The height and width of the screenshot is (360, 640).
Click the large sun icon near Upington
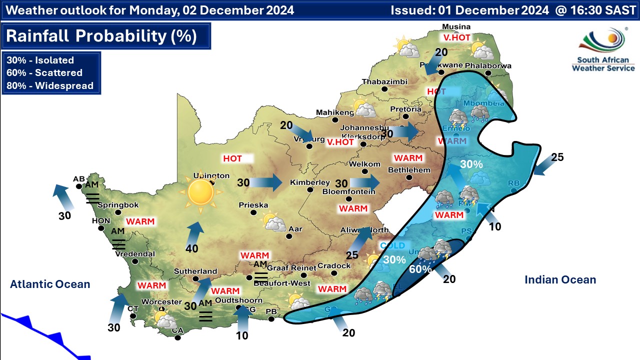[x=200, y=192]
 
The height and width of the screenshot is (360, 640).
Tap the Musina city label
[x=457, y=27]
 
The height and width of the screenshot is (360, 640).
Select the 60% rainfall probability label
[x=420, y=269]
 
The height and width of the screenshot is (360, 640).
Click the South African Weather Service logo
[x=603, y=50]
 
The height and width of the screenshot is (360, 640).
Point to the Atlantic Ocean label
[x=50, y=284]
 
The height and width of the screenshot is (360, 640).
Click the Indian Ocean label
[x=560, y=280]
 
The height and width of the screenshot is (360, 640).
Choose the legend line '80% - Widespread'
[x=50, y=85]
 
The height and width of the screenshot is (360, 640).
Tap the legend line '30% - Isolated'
[x=40, y=60]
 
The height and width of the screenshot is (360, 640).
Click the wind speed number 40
[x=192, y=248]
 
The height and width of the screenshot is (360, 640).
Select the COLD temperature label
[x=392, y=245]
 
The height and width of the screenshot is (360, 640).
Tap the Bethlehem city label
[x=409, y=170]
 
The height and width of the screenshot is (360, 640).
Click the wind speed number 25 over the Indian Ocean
[x=557, y=157]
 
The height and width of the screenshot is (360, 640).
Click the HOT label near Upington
[x=232, y=158]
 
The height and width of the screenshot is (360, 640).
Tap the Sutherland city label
[x=195, y=271]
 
